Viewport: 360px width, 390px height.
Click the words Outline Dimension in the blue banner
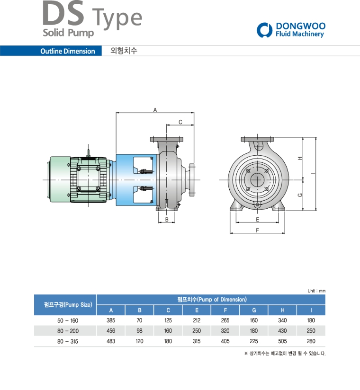67,51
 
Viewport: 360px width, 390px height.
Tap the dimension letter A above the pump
155,109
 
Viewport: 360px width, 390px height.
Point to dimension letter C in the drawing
180,122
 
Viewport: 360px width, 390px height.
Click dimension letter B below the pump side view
167,220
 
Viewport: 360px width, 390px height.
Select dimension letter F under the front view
257,230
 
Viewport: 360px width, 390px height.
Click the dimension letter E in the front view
257,220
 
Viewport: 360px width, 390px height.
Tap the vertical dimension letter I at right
312,174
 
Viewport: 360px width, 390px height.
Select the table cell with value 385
111,320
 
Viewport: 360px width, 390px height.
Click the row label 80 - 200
64,331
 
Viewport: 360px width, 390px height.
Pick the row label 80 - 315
64,341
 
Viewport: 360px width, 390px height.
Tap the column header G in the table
254,310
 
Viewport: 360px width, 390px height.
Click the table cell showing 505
282,341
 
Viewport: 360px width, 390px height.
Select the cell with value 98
139,331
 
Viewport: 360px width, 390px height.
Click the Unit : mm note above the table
316,291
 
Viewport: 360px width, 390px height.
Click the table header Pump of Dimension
211,300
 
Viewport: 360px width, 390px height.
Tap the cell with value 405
225,341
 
